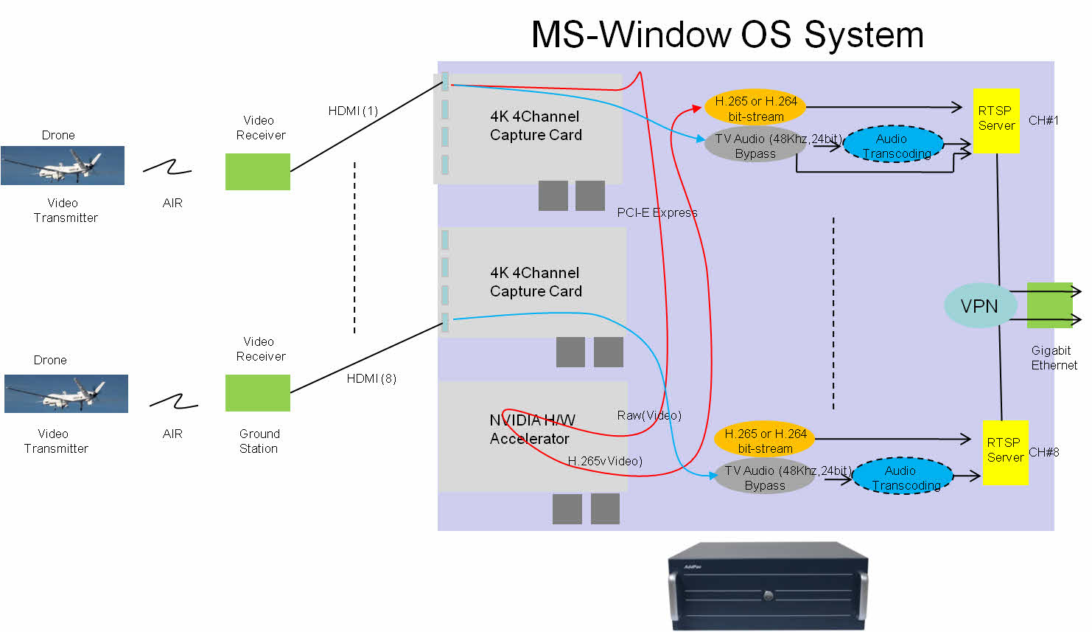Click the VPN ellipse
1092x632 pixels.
(x=979, y=306)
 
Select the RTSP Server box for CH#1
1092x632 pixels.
(x=996, y=120)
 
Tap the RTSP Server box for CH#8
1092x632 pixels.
(x=1004, y=451)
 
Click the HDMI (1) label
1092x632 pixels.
(x=353, y=111)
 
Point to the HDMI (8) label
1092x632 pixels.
(x=371, y=378)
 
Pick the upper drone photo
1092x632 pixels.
(x=63, y=165)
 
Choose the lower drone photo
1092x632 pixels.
(x=66, y=393)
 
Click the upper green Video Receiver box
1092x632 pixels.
(x=257, y=172)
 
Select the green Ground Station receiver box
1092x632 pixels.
(x=257, y=393)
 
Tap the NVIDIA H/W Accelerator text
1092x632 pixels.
(x=531, y=429)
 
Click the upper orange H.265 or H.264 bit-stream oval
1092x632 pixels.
(x=755, y=108)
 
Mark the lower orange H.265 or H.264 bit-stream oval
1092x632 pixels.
(x=765, y=441)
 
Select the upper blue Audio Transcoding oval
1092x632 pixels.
(x=893, y=145)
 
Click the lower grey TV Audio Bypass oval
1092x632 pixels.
(x=765, y=477)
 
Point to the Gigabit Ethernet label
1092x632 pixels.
(x=1053, y=358)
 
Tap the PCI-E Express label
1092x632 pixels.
(x=657, y=212)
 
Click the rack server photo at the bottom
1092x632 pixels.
(x=768, y=587)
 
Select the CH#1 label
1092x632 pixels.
(x=1043, y=120)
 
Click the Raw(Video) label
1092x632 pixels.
(x=649, y=415)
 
